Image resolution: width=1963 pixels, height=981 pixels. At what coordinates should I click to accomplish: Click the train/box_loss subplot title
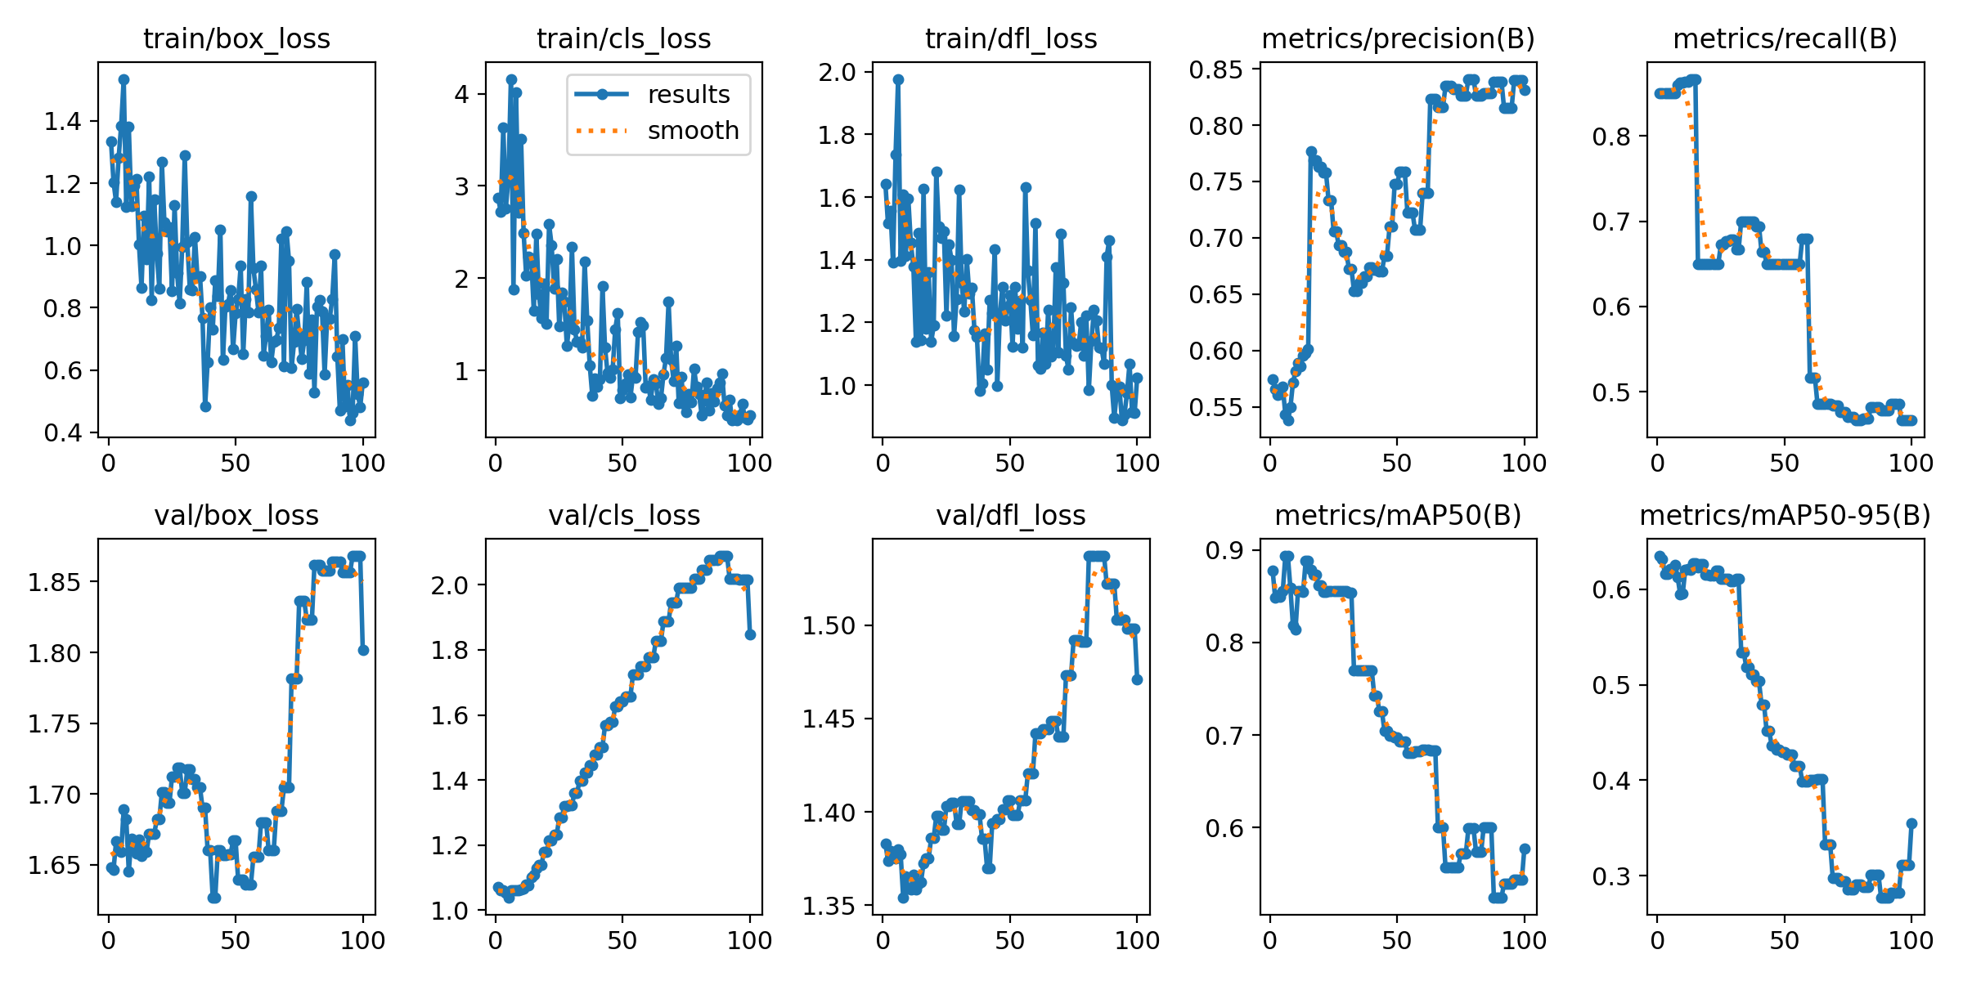(x=236, y=39)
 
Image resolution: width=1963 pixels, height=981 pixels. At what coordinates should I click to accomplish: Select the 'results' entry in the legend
(x=688, y=95)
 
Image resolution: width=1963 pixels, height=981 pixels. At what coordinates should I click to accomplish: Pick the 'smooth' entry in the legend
(x=693, y=131)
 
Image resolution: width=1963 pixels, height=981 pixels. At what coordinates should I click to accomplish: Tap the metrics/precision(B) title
(x=1398, y=39)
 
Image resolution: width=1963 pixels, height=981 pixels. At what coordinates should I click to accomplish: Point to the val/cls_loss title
(x=624, y=516)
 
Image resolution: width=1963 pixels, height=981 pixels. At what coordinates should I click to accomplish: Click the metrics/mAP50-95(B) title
(x=1785, y=516)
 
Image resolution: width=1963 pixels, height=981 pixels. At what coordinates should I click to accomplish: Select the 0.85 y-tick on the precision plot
(x=1215, y=70)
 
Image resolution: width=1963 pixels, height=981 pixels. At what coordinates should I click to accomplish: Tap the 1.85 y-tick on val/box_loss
(x=54, y=582)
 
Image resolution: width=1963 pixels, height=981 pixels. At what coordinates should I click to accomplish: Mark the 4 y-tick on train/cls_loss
(x=462, y=94)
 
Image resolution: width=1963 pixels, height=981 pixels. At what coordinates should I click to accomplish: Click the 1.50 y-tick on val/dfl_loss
(x=829, y=626)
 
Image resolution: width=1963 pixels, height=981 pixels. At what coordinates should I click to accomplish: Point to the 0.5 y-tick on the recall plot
(x=1611, y=393)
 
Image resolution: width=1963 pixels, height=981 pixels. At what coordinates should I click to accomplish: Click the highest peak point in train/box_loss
(x=124, y=79)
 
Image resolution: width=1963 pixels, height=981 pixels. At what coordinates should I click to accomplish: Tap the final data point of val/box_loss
(x=363, y=650)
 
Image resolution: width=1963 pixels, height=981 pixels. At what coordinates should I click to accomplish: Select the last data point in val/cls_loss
(x=750, y=634)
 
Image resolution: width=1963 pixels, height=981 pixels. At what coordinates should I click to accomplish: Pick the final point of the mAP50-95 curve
(x=1911, y=823)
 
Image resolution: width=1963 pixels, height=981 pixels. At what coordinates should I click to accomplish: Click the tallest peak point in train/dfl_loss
(x=898, y=79)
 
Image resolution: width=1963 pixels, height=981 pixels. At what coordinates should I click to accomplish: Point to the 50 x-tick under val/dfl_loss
(x=1009, y=941)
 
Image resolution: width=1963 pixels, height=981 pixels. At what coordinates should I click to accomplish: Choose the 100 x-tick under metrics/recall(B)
(x=1911, y=464)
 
